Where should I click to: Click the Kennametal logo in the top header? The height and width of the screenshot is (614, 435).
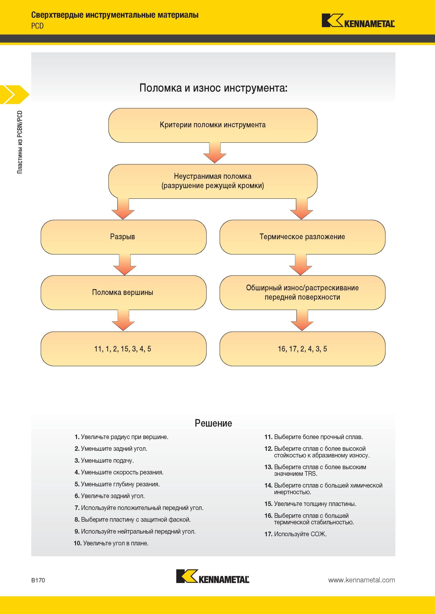pyautogui.click(x=358, y=21)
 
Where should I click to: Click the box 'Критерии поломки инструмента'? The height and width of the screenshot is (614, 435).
pyautogui.click(x=213, y=125)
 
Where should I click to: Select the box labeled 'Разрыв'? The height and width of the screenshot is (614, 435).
pyautogui.click(x=123, y=237)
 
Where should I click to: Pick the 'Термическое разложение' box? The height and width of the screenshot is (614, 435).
pyautogui.click(x=302, y=237)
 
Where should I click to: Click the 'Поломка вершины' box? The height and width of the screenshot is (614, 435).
pyautogui.click(x=123, y=293)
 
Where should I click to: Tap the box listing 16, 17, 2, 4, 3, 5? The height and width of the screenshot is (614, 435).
pyautogui.click(x=302, y=349)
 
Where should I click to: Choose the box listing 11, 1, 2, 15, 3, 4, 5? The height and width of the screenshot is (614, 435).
pyautogui.click(x=123, y=349)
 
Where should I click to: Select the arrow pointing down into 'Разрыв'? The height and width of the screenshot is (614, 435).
pyautogui.click(x=123, y=209)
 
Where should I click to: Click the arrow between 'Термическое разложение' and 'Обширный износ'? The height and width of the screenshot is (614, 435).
pyautogui.click(x=301, y=265)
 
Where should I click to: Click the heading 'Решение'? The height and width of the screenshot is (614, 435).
pyautogui.click(x=213, y=423)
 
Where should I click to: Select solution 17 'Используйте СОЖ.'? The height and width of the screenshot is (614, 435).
pyautogui.click(x=296, y=534)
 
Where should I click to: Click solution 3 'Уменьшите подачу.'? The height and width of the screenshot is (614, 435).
pyautogui.click(x=104, y=461)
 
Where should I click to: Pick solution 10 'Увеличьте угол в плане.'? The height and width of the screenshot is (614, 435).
pyautogui.click(x=111, y=543)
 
